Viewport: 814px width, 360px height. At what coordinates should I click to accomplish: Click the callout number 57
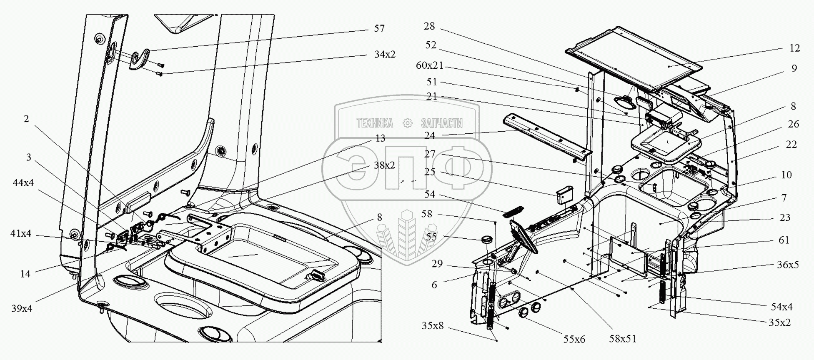point(379,28)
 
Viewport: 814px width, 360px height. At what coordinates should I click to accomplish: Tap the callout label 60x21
point(430,66)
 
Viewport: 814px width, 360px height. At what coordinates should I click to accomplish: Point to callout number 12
point(794,48)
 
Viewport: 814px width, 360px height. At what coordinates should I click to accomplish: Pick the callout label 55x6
point(574,340)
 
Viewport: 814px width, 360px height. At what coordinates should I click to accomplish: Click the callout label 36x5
point(787,265)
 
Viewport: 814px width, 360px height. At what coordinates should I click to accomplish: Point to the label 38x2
point(384,165)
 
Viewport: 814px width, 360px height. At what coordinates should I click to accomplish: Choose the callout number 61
point(784,240)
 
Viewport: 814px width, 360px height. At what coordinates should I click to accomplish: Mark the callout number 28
point(429,26)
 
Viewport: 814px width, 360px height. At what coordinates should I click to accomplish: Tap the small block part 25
point(564,195)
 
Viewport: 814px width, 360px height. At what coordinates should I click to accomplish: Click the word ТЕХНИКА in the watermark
point(374,123)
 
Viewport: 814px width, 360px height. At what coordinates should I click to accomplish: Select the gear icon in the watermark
point(407,123)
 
